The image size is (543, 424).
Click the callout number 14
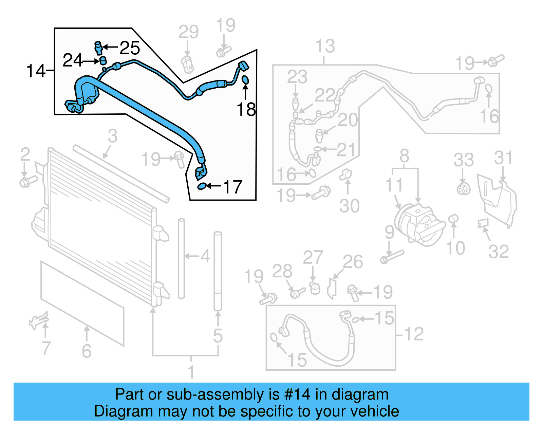(x=35, y=71)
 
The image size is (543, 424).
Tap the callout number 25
(x=130, y=48)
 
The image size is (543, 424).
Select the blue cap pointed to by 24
(x=102, y=61)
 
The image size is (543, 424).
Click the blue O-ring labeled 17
(x=202, y=186)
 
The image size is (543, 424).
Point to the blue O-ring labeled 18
(x=245, y=80)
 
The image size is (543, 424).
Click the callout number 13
(x=325, y=46)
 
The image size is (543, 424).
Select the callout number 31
(x=503, y=158)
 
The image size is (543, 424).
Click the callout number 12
(x=414, y=334)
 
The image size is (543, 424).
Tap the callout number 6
(x=87, y=351)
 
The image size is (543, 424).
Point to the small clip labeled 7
(x=39, y=320)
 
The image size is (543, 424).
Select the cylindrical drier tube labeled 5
(x=218, y=272)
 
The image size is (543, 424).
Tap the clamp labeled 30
(x=346, y=175)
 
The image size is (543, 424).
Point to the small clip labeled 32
(x=483, y=223)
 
